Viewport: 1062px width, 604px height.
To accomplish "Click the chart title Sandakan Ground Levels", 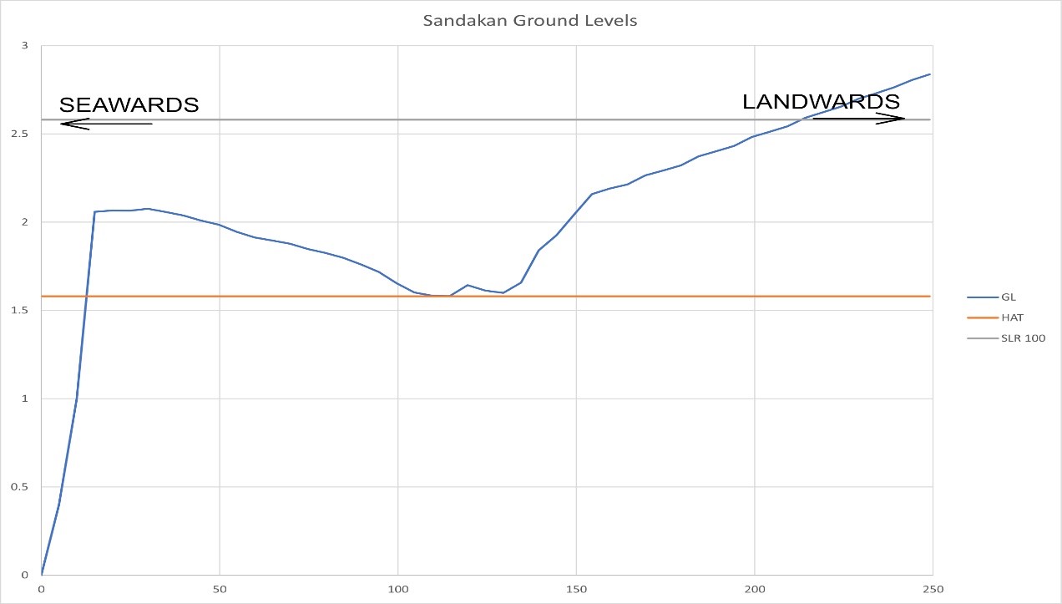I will pyautogui.click(x=530, y=21).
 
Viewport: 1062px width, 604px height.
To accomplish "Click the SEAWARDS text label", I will pyautogui.click(x=129, y=105).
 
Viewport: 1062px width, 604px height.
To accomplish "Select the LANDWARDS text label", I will pyautogui.click(x=821, y=102).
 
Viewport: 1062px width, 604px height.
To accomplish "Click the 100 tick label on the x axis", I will pyautogui.click(x=397, y=589).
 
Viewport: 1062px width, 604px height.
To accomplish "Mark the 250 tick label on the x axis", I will pyautogui.click(x=933, y=589).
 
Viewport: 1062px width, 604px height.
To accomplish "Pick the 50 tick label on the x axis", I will pyautogui.click(x=219, y=589).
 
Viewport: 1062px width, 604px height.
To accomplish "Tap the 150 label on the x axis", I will pyautogui.click(x=576, y=589).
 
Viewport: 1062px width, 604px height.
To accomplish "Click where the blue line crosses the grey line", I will pyautogui.click(x=803, y=119).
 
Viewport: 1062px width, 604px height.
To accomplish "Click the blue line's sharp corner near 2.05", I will pyautogui.click(x=94, y=212).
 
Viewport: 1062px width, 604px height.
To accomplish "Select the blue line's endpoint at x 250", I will pyautogui.click(x=930, y=74).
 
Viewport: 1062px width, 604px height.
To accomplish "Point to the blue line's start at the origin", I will pyautogui.click(x=41, y=575).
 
